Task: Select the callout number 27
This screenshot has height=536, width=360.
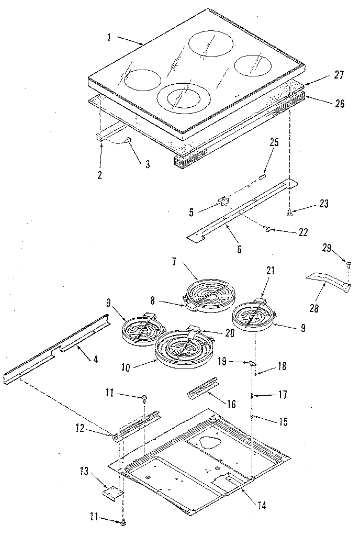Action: coord(339,75)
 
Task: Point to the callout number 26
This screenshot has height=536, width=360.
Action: coord(339,103)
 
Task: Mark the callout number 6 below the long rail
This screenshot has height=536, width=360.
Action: coord(239,250)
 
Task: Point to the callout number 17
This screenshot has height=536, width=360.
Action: coord(283,395)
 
